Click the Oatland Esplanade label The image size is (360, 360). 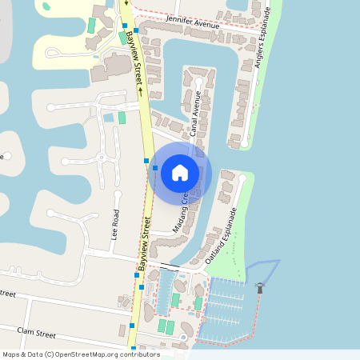(x=222, y=236)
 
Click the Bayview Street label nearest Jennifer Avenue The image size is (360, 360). (x=132, y=59)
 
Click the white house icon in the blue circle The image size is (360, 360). (x=180, y=172)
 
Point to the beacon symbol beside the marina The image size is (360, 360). (x=259, y=286)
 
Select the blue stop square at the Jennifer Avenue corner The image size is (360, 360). (x=136, y=30)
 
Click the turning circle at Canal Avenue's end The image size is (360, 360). (x=199, y=82)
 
